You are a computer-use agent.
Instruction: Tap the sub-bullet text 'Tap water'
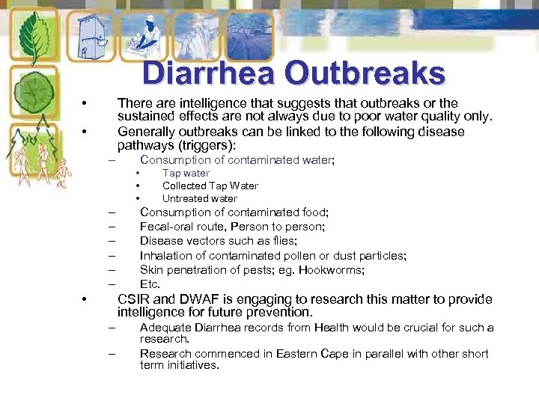[x=186, y=173]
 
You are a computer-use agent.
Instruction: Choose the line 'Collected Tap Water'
[x=210, y=186]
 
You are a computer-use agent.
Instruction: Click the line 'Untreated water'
[x=200, y=198]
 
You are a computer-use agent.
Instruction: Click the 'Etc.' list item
[x=150, y=284]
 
